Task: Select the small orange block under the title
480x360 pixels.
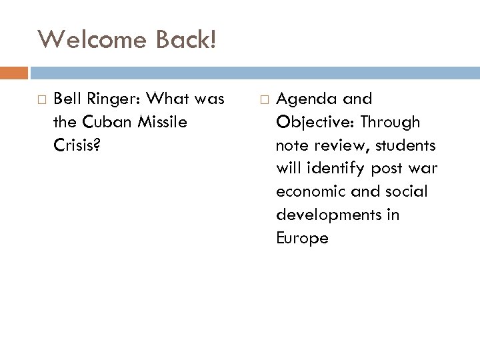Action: click(14, 72)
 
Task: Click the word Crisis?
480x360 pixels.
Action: click(75, 146)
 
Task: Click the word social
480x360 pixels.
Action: click(407, 192)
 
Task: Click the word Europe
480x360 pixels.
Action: click(302, 239)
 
